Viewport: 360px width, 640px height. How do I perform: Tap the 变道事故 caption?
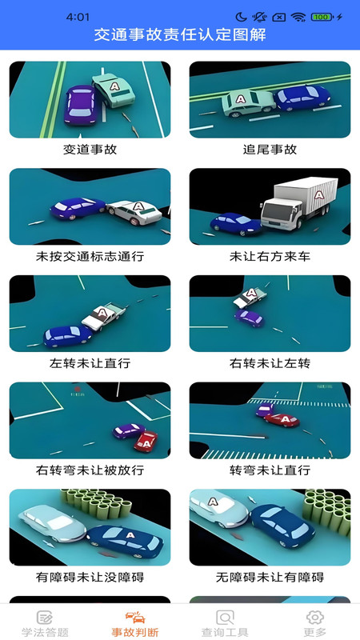[90, 150]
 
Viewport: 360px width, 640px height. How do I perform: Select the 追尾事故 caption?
[270, 150]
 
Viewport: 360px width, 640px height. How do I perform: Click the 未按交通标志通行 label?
[90, 257]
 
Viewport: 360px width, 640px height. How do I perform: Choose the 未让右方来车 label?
[270, 257]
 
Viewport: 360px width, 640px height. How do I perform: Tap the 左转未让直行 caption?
[90, 363]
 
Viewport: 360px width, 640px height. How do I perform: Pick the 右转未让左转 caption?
[270, 363]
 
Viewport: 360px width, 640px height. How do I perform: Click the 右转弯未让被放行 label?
[90, 470]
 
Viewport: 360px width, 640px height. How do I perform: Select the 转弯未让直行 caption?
[270, 470]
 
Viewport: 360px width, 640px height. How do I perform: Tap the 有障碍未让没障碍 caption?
[90, 577]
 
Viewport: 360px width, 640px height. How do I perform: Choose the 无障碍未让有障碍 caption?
[270, 577]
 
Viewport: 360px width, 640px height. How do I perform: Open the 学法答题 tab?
[45, 623]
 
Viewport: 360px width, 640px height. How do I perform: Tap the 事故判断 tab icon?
[135, 617]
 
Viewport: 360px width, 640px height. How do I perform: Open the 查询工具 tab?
[225, 623]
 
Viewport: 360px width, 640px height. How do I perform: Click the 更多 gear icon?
[315, 617]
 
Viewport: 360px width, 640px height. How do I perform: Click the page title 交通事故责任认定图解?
[180, 35]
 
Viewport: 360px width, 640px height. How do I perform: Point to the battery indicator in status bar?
[322, 17]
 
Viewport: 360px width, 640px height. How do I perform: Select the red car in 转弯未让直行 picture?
[282, 418]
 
